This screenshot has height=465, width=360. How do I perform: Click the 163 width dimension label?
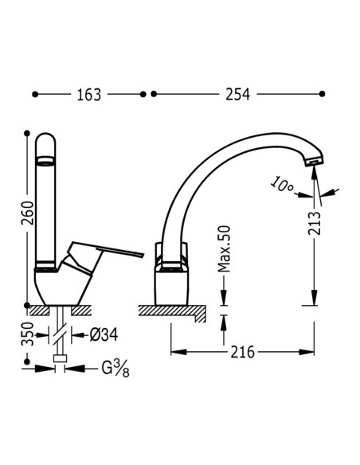88,95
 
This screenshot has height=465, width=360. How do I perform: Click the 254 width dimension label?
237,95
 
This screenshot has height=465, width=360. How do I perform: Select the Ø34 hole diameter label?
103,334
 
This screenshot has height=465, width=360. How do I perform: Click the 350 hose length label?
26,336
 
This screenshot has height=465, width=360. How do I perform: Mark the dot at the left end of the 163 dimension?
35,94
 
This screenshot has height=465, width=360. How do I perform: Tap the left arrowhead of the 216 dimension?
174,351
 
